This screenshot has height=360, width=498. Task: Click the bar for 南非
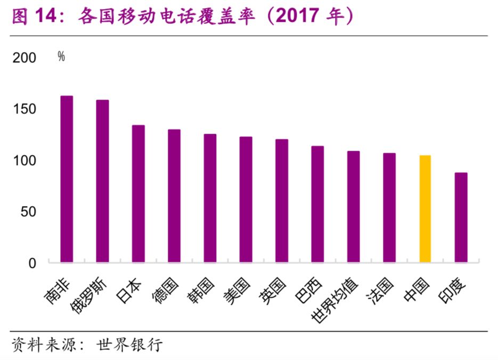[67, 179]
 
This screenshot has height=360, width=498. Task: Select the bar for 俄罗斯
[102, 181]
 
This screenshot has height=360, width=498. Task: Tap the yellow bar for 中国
[425, 209]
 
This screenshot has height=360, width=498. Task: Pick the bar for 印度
[461, 217]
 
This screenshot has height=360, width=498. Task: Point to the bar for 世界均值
[353, 207]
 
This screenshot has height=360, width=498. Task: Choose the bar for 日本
[138, 194]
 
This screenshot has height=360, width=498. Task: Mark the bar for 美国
[246, 200]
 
